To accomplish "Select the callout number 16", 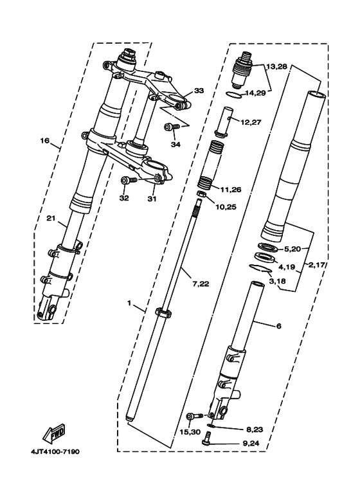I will pyautogui.click(x=45, y=140).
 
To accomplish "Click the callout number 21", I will pyautogui.click(x=51, y=218).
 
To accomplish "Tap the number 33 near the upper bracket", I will pyautogui.click(x=199, y=91).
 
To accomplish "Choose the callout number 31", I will pyautogui.click(x=152, y=198).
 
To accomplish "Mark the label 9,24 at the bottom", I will pyautogui.click(x=233, y=443).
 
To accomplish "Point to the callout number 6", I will pyautogui.click(x=278, y=326).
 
